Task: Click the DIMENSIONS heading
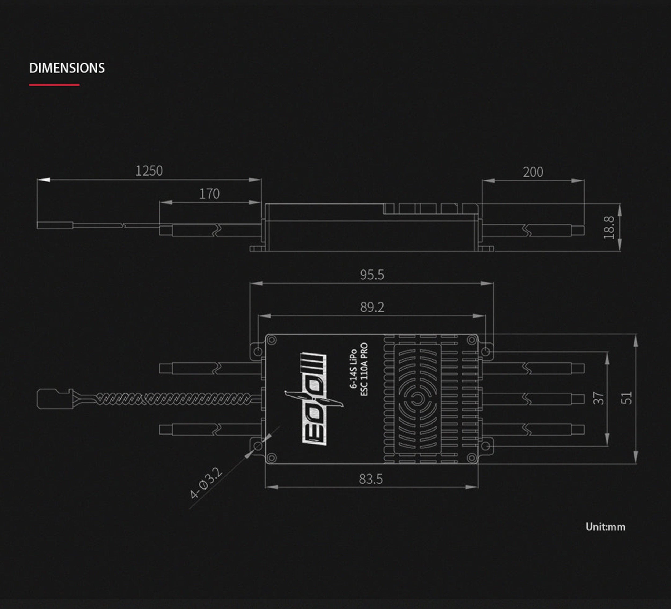pyautogui.click(x=67, y=68)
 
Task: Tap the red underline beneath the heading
pyautogui.click(x=54, y=85)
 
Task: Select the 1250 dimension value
pyautogui.click(x=149, y=171)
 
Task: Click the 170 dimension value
pyautogui.click(x=209, y=194)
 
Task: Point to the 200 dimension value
pyautogui.click(x=533, y=172)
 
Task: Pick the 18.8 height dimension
pyautogui.click(x=609, y=227)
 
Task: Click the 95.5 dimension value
pyautogui.click(x=372, y=275)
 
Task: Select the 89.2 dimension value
pyautogui.click(x=372, y=307)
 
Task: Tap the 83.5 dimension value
pyautogui.click(x=371, y=479)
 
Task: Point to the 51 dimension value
pyautogui.click(x=626, y=398)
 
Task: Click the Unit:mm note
pyautogui.click(x=605, y=527)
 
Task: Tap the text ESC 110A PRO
pyautogui.click(x=364, y=369)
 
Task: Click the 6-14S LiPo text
pyautogui.click(x=353, y=369)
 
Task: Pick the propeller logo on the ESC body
pyautogui.click(x=314, y=399)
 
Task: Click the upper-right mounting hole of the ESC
pyautogui.click(x=486, y=351)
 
